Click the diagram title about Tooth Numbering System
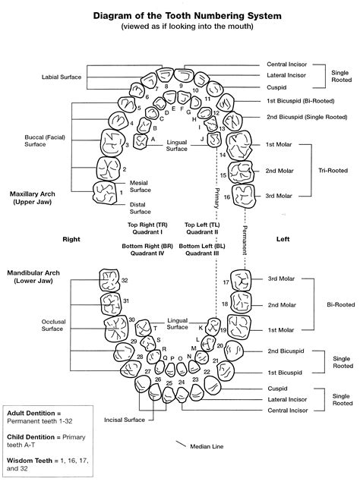coord(180,14)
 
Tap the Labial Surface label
coord(62,77)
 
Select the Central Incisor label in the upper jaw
coord(287,65)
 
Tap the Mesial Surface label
coord(141,187)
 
